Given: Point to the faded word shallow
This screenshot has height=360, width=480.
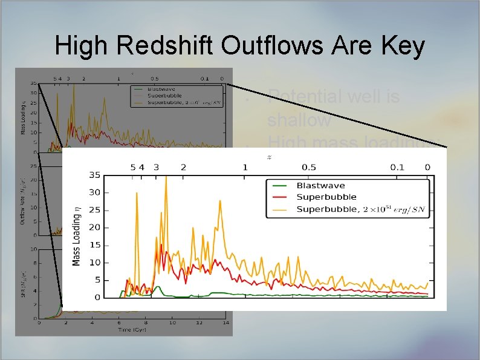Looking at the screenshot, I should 299,120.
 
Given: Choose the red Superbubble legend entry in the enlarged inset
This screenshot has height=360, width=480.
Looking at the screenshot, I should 326,197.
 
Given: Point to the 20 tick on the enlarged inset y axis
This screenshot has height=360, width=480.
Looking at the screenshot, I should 94,228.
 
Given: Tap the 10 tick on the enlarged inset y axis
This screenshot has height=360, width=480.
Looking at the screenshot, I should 94,263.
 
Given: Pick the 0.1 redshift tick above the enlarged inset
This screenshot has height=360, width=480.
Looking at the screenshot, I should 397,167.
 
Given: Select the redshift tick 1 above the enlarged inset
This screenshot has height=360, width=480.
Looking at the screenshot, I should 245,167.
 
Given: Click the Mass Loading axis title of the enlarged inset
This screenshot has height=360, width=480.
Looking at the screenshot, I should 77,236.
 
